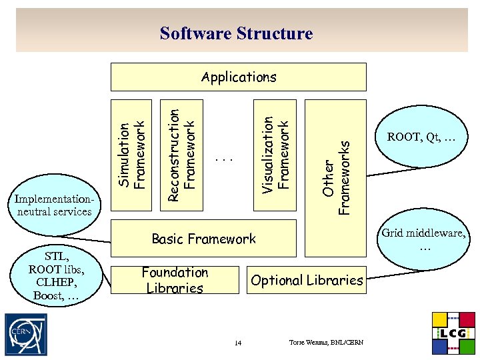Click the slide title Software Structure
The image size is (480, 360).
236,33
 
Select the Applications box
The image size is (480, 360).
239,77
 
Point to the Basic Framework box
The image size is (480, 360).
203,239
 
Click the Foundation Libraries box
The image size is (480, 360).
175,281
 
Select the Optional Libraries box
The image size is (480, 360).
307,281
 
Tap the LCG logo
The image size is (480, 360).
454,333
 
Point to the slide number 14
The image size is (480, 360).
238,343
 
